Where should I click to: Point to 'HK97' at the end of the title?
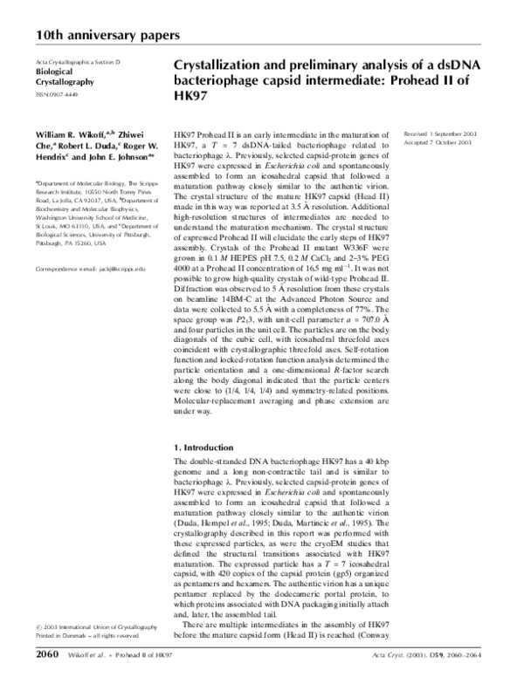tap(194, 97)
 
